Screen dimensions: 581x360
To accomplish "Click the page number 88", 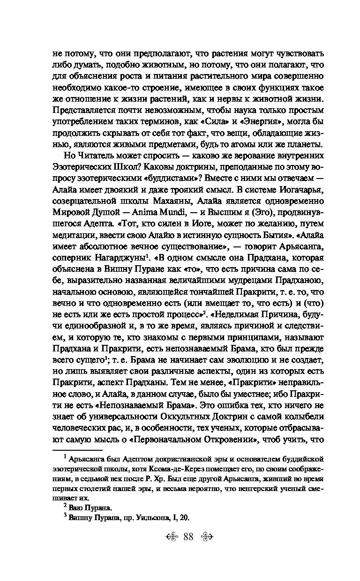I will pos(189,536).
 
